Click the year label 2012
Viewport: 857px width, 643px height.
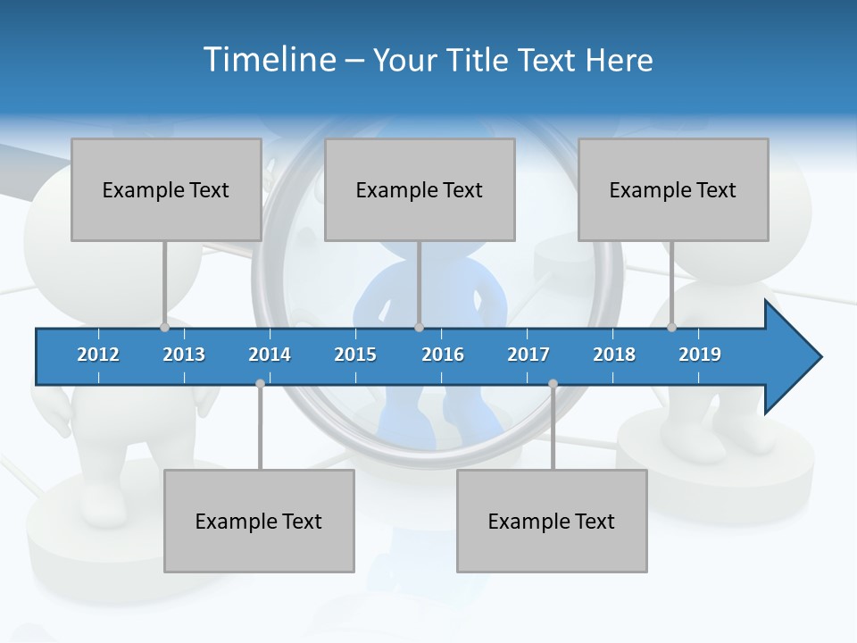98,355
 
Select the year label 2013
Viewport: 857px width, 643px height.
184,355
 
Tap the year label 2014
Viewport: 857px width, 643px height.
270,355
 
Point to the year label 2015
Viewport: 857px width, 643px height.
355,355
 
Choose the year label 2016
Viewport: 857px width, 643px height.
443,355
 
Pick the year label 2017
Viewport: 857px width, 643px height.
528,355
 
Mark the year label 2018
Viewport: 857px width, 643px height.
614,355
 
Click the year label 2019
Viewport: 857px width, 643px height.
700,355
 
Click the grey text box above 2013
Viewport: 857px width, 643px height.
166,189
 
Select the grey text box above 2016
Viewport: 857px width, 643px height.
420,189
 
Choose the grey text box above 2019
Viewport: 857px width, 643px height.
673,189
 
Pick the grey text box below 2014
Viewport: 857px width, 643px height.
259,521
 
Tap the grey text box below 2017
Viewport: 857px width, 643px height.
552,521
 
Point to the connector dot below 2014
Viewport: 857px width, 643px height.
260,384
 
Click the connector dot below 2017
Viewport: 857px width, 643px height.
553,384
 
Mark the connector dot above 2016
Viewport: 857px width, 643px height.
419,327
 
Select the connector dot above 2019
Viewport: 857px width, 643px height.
671,327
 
